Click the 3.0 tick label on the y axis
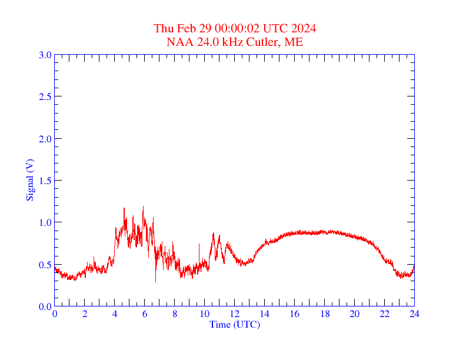click(x=45, y=55)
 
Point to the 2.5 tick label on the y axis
click(x=45, y=96)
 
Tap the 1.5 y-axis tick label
click(x=45, y=181)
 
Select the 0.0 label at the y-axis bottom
click(x=45, y=306)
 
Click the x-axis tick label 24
click(x=414, y=314)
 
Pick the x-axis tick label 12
click(x=234, y=314)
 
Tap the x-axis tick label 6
click(x=145, y=314)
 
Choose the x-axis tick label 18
click(x=324, y=314)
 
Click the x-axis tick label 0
click(x=55, y=314)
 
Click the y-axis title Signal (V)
click(x=29, y=180)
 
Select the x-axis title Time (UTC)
click(x=234, y=324)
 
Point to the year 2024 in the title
click(x=304, y=28)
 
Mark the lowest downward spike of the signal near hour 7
click(x=156, y=282)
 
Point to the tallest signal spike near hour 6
click(x=143, y=206)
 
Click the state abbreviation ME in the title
click(x=294, y=42)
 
